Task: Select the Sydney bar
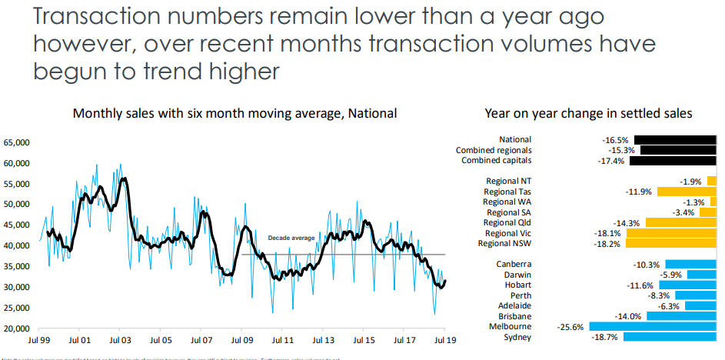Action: [x=670, y=337]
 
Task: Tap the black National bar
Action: [x=674, y=140]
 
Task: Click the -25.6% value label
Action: [x=570, y=327]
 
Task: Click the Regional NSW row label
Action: [x=504, y=244]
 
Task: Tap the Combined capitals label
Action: [x=496, y=161]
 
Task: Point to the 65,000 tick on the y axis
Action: [x=17, y=142]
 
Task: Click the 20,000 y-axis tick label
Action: [x=17, y=328]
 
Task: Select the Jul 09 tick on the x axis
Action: [x=241, y=339]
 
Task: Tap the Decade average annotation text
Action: [x=291, y=238]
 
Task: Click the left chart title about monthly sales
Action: [x=234, y=113]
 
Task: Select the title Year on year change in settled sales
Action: [x=589, y=113]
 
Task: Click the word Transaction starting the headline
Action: [x=98, y=18]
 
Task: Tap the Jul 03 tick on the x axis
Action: [x=120, y=339]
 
